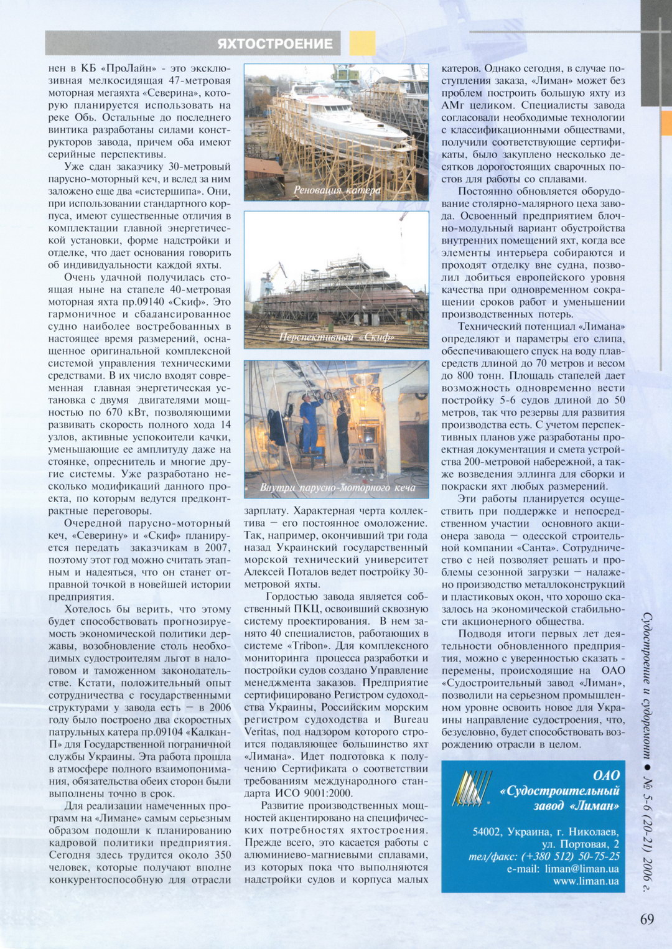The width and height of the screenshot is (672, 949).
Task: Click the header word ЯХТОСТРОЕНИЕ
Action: pyautogui.click(x=275, y=44)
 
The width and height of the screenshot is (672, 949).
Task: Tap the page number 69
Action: pyautogui.click(x=646, y=919)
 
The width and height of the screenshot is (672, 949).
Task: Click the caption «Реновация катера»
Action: pyautogui.click(x=337, y=190)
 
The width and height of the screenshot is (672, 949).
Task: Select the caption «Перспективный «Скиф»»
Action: pyautogui.click(x=337, y=337)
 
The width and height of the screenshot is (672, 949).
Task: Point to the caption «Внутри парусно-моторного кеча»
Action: pyautogui.click(x=337, y=487)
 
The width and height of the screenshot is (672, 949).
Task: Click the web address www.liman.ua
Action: pyautogui.click(x=586, y=881)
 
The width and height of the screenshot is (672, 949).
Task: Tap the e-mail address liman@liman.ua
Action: pyautogui.click(x=581, y=868)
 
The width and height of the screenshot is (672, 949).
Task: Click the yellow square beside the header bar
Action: pyautogui.click(x=362, y=43)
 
